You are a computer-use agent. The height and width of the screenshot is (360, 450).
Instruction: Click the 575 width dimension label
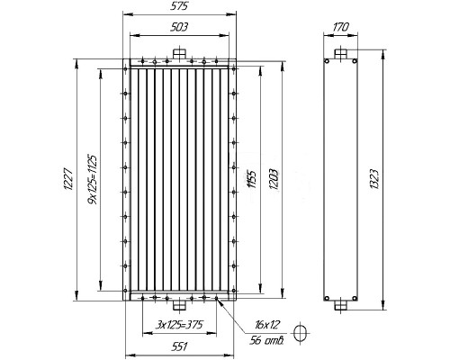pos(179,6)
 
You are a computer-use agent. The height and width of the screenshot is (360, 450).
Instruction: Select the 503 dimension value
pos(179,27)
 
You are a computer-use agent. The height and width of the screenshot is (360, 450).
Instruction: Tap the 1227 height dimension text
pos(68,179)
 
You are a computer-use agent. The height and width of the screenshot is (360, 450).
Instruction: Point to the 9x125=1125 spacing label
pos(93,179)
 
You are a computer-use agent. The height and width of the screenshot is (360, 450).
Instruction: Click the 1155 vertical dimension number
pos(252,179)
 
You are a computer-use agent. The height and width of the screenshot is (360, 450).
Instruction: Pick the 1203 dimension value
pos(274,179)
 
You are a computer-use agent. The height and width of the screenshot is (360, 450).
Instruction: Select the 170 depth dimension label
pos(341,27)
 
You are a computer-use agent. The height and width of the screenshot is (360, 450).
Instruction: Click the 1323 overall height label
pos(374,179)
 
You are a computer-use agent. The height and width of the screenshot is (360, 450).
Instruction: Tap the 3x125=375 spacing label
pos(180,325)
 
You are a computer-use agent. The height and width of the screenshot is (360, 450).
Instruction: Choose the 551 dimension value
pos(179,346)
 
